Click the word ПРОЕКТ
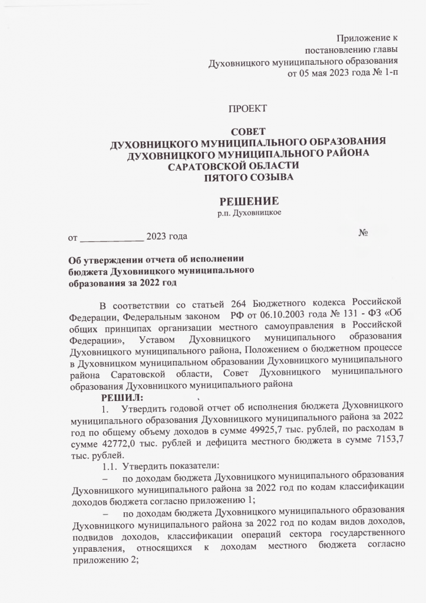pyautogui.click(x=247, y=108)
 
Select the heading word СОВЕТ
pyautogui.click(x=248, y=131)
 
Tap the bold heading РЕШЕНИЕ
pyautogui.click(x=249, y=201)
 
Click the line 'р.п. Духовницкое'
pyautogui.click(x=249, y=213)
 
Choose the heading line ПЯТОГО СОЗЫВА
pyautogui.click(x=247, y=177)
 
